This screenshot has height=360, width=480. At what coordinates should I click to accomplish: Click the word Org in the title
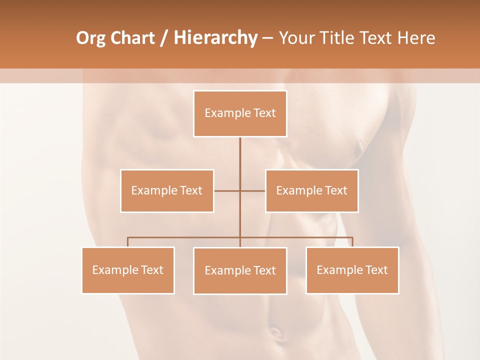point(91,38)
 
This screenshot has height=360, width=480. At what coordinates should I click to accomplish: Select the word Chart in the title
point(131,38)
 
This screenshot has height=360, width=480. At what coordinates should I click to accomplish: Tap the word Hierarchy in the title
point(215,38)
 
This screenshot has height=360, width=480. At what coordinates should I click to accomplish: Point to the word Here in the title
point(416,38)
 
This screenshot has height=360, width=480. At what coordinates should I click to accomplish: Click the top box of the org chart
point(240,113)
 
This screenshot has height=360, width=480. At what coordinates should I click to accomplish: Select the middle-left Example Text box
point(167,191)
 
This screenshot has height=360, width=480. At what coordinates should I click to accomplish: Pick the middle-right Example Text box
point(311,191)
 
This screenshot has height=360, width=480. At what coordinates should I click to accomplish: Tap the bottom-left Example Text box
point(128,270)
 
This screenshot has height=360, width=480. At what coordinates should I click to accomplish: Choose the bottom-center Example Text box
point(240,271)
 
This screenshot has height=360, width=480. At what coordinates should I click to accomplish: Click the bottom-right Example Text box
point(352,270)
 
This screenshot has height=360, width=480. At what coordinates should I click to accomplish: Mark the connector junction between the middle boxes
point(240,190)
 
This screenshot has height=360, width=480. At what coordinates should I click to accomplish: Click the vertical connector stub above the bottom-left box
point(128,242)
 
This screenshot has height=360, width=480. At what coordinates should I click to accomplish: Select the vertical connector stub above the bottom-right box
point(352,242)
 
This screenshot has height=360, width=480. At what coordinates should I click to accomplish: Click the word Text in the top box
point(264,113)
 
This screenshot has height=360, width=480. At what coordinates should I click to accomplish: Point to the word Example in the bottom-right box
point(339,270)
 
